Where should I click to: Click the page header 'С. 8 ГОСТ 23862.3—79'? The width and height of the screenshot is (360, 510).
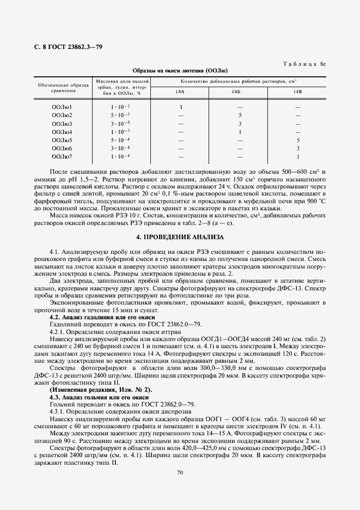(x=60, y=47)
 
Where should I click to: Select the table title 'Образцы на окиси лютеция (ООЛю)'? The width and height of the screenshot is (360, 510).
(x=180, y=71)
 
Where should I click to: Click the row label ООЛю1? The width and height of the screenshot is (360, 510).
(x=62, y=107)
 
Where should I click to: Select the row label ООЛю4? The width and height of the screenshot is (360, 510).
(x=62, y=132)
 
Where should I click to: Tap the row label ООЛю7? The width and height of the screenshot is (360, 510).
(x=62, y=157)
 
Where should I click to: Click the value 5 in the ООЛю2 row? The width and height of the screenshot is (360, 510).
(x=240, y=116)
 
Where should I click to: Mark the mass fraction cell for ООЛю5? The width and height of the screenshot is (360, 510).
(x=120, y=140)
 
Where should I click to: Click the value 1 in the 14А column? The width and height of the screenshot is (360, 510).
(x=181, y=107)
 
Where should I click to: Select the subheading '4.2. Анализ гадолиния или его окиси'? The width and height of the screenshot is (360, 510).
(x=102, y=317)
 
